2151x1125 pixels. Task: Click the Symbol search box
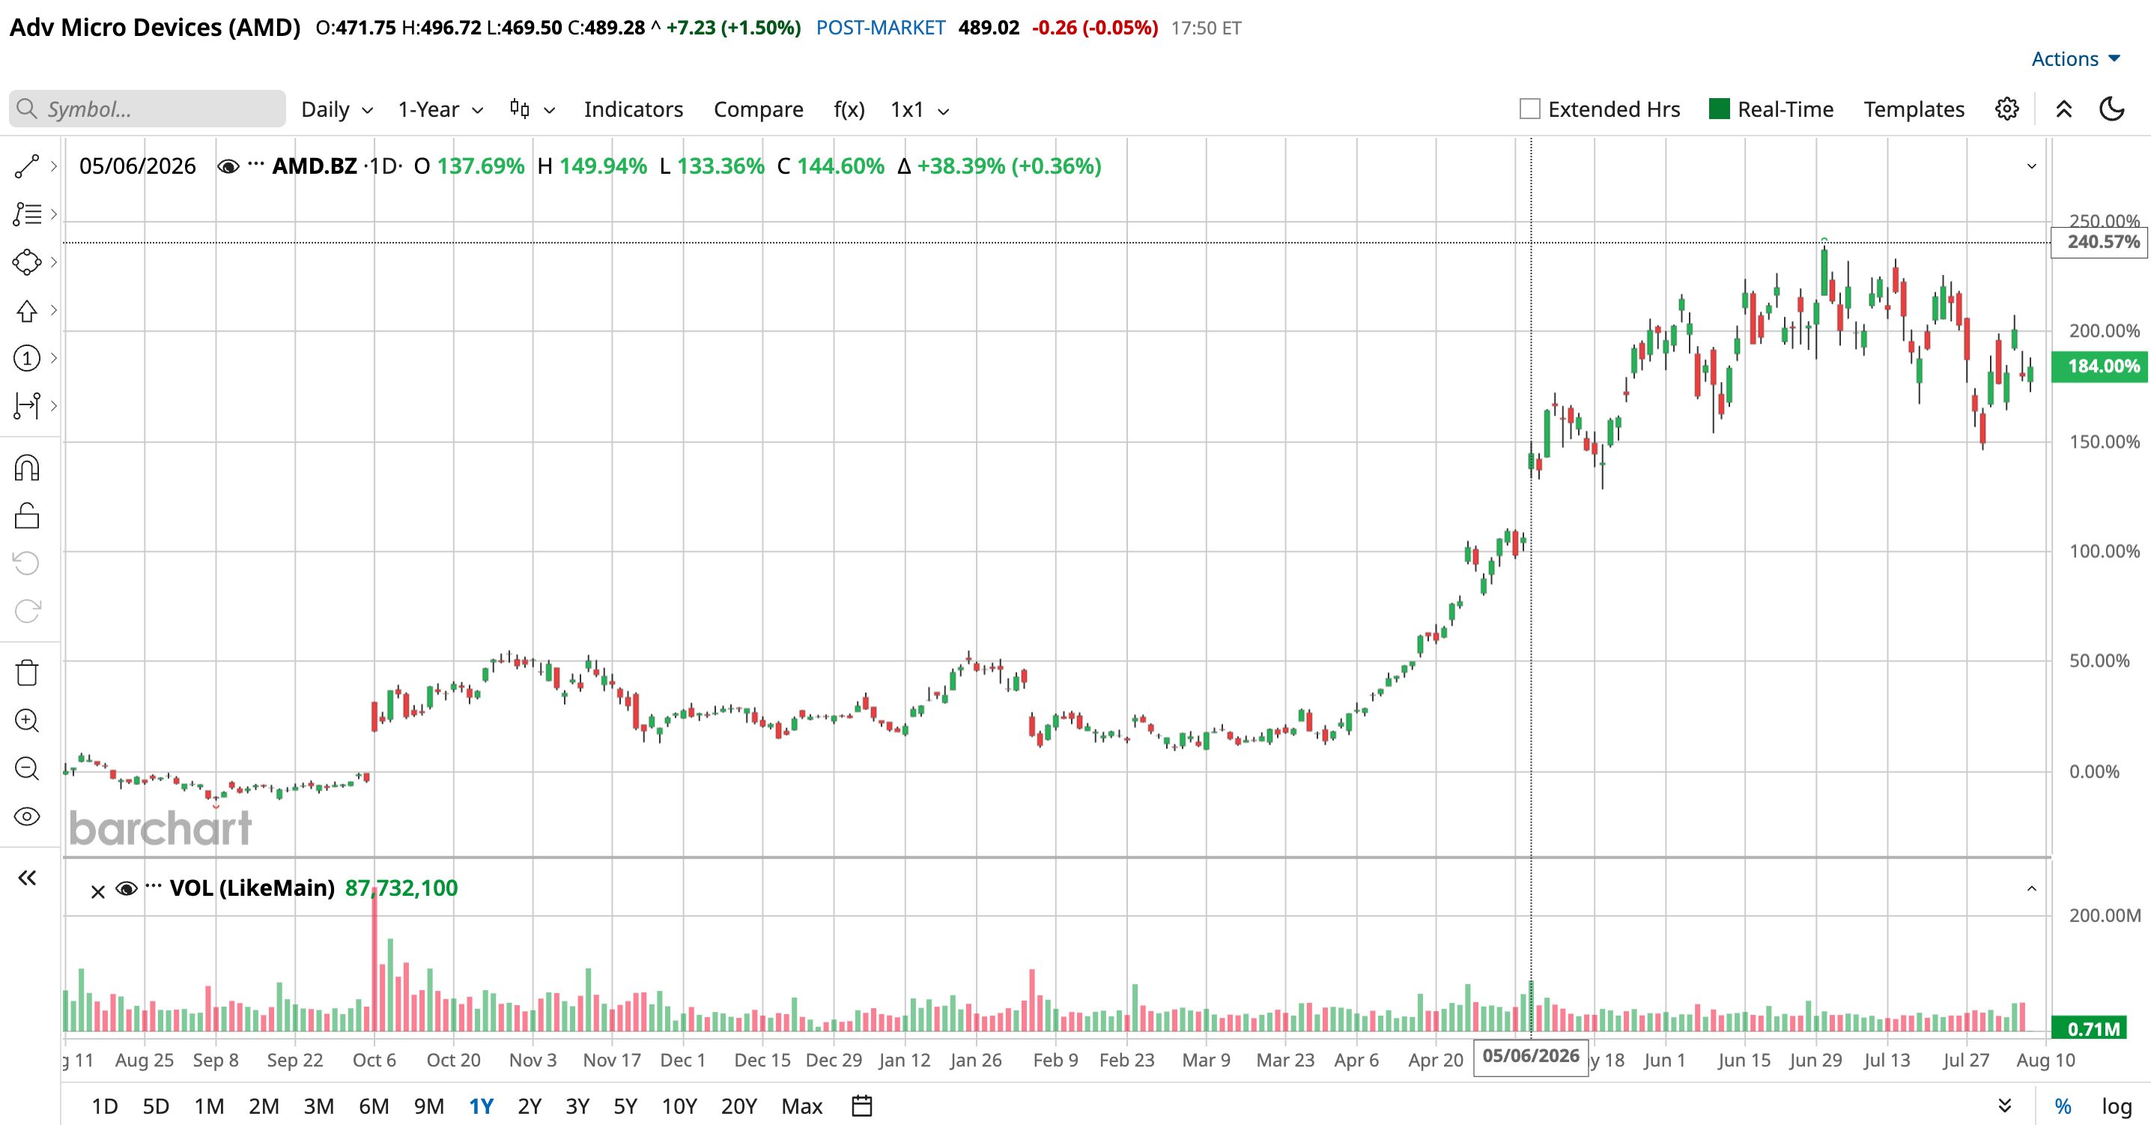tap(148, 109)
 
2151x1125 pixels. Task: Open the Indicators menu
tap(633, 109)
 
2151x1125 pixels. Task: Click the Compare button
tap(758, 109)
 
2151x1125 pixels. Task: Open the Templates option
tap(1914, 109)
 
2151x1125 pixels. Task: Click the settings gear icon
tap(2007, 109)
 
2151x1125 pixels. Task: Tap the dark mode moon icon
tap(2112, 109)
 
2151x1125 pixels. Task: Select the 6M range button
tap(373, 1106)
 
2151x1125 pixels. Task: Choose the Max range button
tap(801, 1106)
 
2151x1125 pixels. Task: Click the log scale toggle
tap(2117, 1106)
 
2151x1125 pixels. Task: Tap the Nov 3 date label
tap(533, 1060)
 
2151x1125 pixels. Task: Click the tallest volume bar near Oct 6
tap(374, 960)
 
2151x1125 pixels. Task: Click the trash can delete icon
tap(27, 673)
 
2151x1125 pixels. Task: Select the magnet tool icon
tap(27, 467)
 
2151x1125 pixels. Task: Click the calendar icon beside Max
tap(862, 1106)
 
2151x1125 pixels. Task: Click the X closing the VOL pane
tap(97, 892)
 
